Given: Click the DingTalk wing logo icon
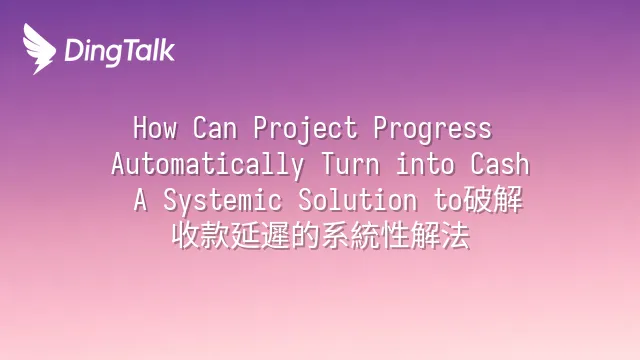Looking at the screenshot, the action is tap(39, 49).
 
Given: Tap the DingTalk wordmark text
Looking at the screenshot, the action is tap(120, 52).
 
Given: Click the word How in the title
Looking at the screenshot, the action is tap(155, 128).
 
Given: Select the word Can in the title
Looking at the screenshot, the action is tap(215, 128).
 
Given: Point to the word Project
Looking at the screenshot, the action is tap(305, 130).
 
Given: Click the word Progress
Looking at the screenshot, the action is tap(433, 130).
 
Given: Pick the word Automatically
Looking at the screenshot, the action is tap(208, 165).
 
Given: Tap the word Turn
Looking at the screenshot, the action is tap(351, 164).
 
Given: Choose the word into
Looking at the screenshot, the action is tap(425, 164).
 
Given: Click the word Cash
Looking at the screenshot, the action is tap(500, 164).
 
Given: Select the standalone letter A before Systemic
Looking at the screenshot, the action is tap(140, 200).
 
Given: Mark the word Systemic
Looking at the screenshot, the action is tap(222, 202).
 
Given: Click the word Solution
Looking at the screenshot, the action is tap(358, 200).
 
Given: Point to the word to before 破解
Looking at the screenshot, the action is tap(448, 200).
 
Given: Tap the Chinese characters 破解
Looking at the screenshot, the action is tap(493, 200).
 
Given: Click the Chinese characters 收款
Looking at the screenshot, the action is tap(201, 236).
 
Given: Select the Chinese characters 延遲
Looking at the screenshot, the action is tap(261, 236).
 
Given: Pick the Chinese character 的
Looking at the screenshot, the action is tap(306, 236).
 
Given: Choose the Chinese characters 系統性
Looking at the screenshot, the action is tap(366, 236).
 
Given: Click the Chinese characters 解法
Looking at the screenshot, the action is tap(441, 236).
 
